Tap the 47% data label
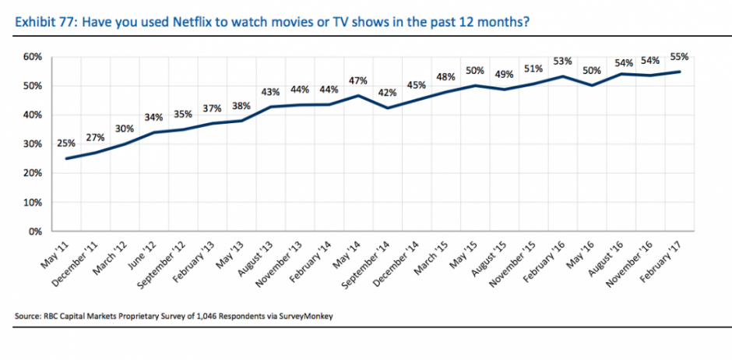click(x=358, y=80)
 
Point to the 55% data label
click(x=679, y=57)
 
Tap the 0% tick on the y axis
click(x=34, y=231)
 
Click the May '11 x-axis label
click(x=54, y=253)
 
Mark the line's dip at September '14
click(x=387, y=108)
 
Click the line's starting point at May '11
click(x=65, y=158)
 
